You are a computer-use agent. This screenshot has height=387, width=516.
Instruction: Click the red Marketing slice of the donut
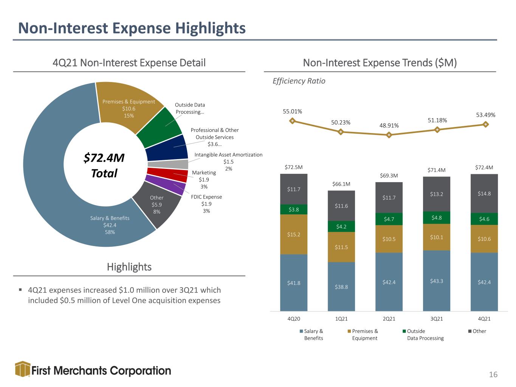coord(167,175)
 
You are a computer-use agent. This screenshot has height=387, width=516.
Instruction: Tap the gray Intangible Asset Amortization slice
coord(168,164)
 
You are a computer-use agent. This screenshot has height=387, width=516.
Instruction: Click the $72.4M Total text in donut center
coord(104,165)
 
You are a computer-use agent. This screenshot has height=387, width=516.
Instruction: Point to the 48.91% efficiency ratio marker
coord(389,135)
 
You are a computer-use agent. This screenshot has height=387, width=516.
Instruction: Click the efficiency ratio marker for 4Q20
coord(292,121)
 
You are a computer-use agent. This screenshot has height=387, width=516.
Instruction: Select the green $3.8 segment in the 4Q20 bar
coord(294,209)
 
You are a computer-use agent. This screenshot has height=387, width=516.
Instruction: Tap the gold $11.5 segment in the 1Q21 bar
coord(341,247)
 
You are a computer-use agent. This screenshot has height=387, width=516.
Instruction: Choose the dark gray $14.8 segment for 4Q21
coord(484,193)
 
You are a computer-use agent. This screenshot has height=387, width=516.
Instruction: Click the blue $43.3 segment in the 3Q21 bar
coord(437,281)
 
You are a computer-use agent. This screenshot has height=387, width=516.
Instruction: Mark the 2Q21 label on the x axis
coord(389,319)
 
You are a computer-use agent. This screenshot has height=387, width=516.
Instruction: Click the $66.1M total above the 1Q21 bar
coord(341,184)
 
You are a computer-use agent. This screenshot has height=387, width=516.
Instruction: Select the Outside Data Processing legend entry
coord(423,334)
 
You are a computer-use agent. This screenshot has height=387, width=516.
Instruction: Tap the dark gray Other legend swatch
coord(470,331)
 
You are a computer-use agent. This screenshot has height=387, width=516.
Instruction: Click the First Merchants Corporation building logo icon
coord(23,369)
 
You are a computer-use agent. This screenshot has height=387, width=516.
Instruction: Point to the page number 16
coord(493,375)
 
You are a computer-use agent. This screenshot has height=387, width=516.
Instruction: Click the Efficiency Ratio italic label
coord(299,81)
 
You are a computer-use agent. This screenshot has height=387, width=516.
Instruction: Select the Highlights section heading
coord(129,267)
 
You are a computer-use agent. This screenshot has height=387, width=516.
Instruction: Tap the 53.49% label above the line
coord(486,115)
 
